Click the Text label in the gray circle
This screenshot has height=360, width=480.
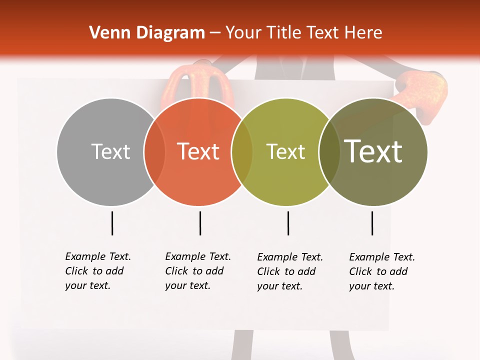coord(110,151)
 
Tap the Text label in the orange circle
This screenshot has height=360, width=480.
coord(198,151)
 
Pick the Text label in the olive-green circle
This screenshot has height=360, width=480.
coord(285,151)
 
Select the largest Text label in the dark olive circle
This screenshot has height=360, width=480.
coord(373,151)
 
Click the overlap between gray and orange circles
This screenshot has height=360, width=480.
coord(154,152)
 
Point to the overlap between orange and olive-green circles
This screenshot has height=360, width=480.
coord(242,152)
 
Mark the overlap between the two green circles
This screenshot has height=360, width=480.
coord(329,152)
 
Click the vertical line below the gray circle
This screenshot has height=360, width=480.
coord(112,223)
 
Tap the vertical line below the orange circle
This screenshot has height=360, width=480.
coord(200,223)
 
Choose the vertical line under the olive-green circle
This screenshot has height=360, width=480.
coord(288,223)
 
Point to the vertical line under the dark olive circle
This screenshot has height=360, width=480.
coord(372,223)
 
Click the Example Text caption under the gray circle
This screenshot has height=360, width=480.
coord(97,271)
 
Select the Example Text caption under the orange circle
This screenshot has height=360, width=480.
coord(197,271)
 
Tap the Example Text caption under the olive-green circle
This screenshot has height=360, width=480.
coord(289,271)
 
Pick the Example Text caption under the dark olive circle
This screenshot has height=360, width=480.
coord(381,271)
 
